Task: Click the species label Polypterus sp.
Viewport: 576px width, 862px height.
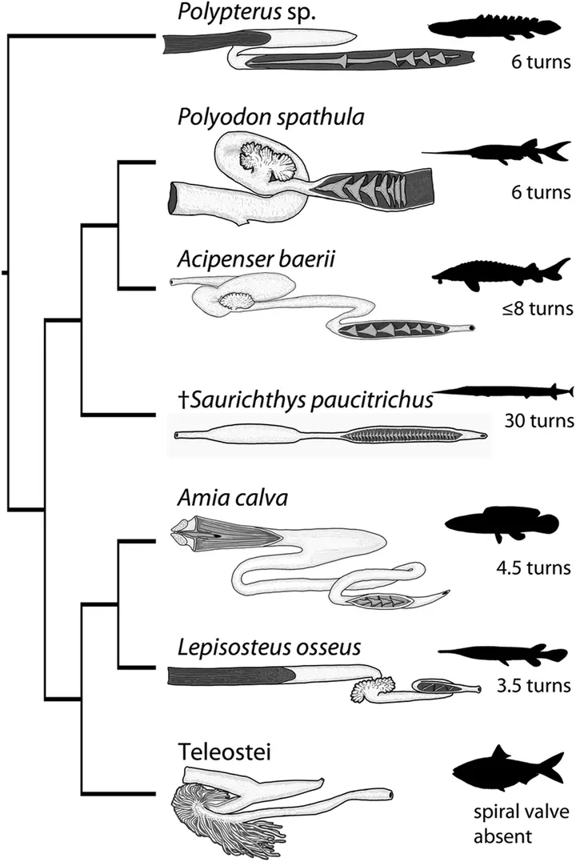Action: click(x=246, y=12)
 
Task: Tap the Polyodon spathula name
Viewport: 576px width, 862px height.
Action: click(x=271, y=118)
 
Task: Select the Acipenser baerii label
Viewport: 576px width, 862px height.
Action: click(x=256, y=259)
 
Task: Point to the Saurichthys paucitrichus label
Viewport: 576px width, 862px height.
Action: click(x=306, y=400)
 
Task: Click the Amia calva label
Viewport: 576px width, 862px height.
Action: click(x=233, y=498)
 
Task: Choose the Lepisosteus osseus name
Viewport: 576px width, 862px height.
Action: click(x=270, y=647)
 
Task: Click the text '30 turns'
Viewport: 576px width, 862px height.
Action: click(x=539, y=421)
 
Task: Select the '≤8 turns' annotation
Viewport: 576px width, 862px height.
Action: click(x=538, y=308)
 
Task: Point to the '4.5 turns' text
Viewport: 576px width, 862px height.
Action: click(x=534, y=567)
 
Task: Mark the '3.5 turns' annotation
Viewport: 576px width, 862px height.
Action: click(x=534, y=686)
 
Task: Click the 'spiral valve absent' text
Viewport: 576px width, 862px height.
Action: click(x=521, y=824)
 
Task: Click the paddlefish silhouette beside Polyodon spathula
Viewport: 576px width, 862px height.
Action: click(x=496, y=153)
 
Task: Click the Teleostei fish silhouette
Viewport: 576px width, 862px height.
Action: click(x=508, y=770)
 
